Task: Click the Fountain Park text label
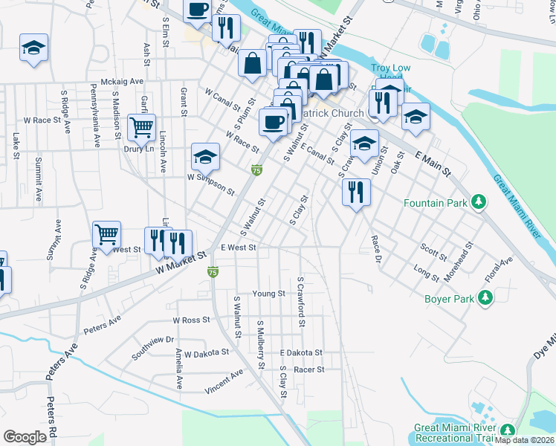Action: (438, 202)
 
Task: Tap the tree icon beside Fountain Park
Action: (480, 201)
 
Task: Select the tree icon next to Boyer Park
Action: (485, 298)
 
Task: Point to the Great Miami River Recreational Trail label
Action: (456, 433)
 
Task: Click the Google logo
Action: (25, 437)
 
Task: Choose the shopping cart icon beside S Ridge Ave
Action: (107, 234)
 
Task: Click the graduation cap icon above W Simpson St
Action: (205, 156)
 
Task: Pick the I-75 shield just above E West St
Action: (256, 171)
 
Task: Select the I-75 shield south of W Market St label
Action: (213, 273)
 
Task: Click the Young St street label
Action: (269, 294)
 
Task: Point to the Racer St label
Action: (309, 369)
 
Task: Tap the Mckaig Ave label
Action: (122, 83)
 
